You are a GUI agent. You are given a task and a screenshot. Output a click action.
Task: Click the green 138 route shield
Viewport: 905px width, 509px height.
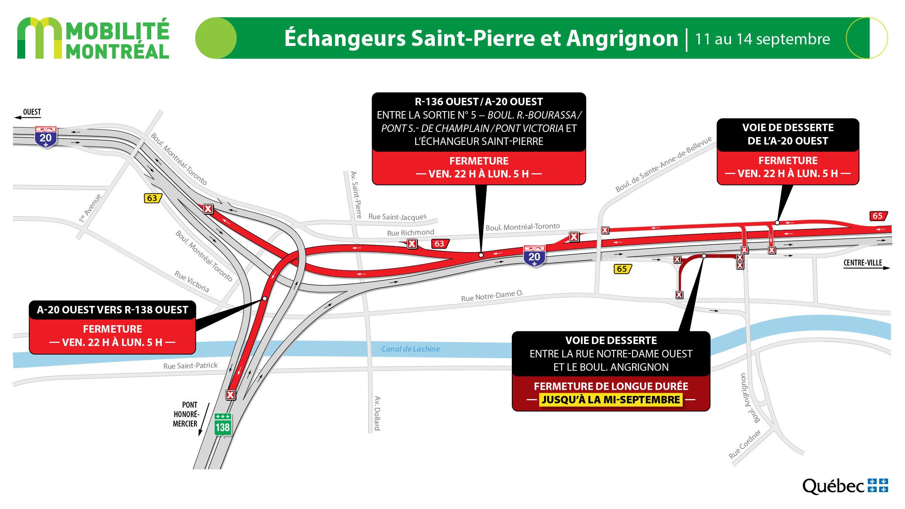coord(222,424)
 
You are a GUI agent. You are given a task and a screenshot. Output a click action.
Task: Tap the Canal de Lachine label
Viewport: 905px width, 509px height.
coord(410,349)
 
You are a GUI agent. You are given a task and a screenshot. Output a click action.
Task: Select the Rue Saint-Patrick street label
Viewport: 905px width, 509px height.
coord(191,366)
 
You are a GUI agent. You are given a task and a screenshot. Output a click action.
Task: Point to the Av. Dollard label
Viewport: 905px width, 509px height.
coord(377,413)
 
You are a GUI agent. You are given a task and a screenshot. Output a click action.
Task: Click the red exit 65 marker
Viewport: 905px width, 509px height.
coord(877,216)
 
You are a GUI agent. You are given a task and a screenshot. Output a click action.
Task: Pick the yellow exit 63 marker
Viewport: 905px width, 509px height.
coord(152,198)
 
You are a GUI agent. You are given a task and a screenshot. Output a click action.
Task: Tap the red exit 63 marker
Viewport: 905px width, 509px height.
coord(439,244)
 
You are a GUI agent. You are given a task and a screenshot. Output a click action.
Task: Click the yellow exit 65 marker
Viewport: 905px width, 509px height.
coord(621,269)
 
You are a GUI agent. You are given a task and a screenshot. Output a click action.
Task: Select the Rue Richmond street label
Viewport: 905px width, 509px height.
coord(410,233)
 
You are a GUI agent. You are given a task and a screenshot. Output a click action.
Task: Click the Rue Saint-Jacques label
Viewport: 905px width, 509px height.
coord(397,217)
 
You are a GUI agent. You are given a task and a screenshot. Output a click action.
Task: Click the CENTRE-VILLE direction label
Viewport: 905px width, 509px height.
coord(863,263)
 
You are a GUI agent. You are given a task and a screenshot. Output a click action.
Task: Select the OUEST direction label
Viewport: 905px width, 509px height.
coord(31,112)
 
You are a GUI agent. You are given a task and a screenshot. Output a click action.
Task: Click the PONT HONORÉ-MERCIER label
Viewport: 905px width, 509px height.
coord(185,414)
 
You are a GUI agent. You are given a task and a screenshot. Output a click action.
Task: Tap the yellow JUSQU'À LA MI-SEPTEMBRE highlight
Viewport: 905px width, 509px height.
coord(611,399)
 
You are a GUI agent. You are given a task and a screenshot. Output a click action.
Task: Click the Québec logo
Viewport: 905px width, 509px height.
coord(845,486)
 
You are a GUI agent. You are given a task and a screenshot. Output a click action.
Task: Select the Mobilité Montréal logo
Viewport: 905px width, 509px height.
coord(93,38)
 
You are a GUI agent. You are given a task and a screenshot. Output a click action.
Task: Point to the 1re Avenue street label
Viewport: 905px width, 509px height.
coord(90,209)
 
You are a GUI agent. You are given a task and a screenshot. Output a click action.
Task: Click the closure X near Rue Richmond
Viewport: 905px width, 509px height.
coord(412,244)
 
